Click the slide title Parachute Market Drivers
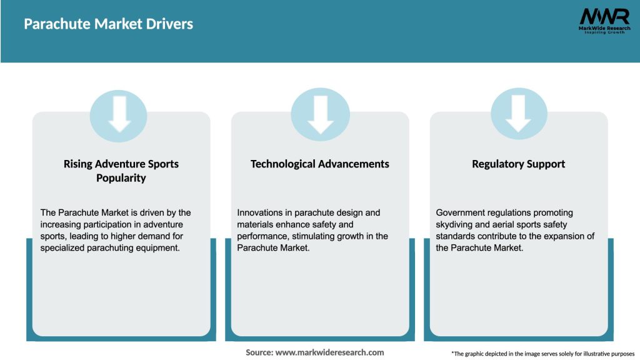(108, 24)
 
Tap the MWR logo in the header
(604, 21)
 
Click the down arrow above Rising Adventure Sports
(119, 114)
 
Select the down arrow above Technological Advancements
(321, 115)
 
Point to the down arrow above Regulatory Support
(518, 114)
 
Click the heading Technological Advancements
(319, 164)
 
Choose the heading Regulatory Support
(518, 164)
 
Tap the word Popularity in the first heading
(121, 178)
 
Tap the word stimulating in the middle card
(314, 236)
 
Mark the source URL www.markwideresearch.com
(329, 352)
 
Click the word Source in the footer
(259, 352)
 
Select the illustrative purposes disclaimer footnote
(543, 354)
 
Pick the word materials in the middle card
(255, 224)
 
